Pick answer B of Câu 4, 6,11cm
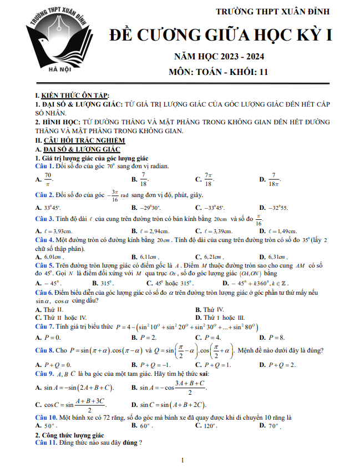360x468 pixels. pyautogui.click(x=146, y=257)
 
